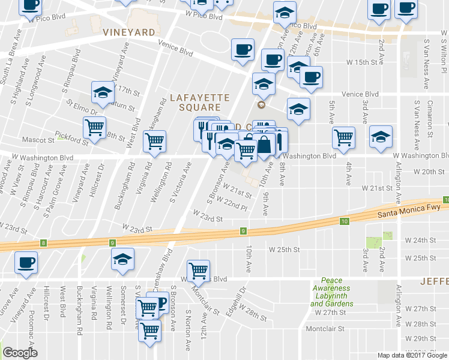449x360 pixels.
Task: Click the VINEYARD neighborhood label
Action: click(129, 32)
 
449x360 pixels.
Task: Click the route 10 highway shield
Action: click(344, 222)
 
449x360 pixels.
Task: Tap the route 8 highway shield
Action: click(44, 243)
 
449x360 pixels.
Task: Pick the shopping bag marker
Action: click(264, 144)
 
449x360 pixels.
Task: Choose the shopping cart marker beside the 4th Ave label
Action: click(343, 137)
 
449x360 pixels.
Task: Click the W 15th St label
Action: click(365, 62)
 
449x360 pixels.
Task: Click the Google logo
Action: click(20, 353)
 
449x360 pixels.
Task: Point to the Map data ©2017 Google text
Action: click(412, 355)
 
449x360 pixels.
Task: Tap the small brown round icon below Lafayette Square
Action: click(261, 106)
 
